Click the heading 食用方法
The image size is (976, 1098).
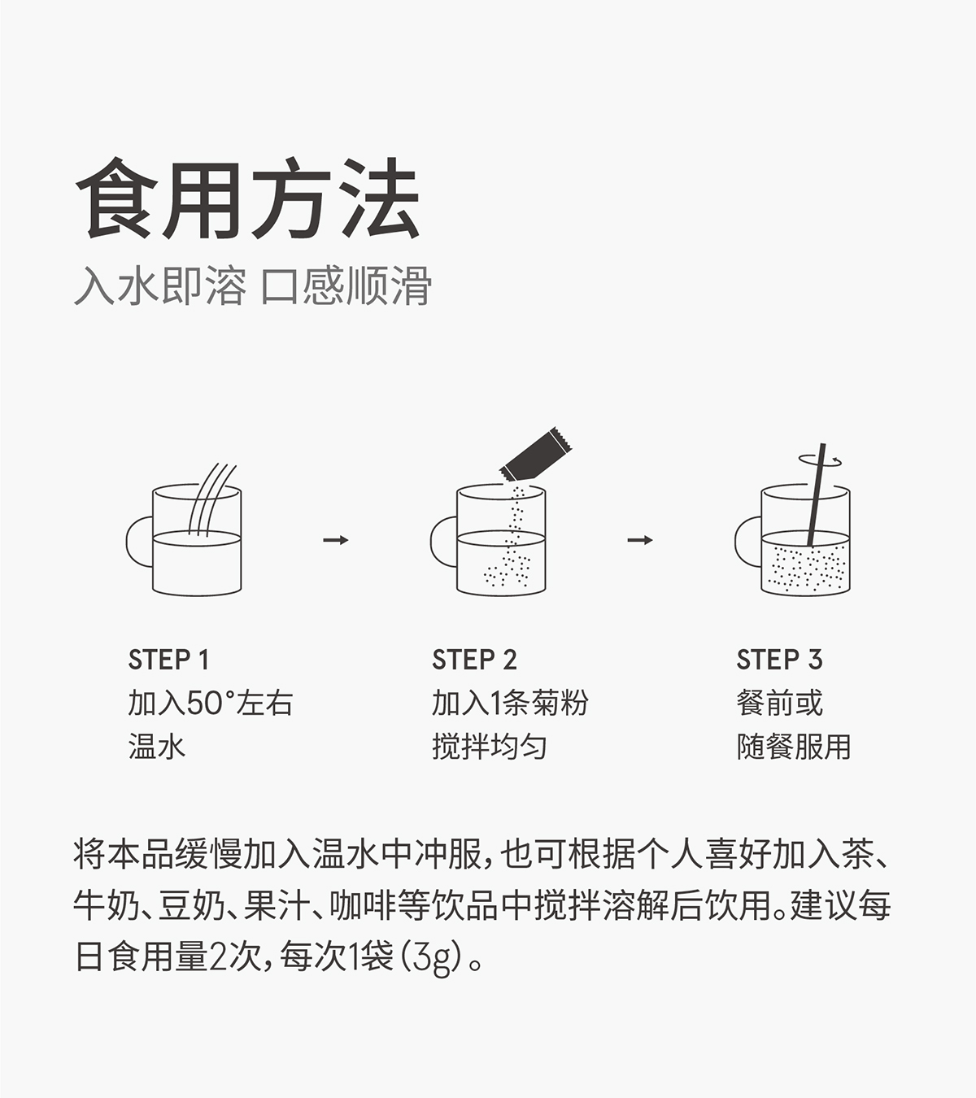click(x=248, y=200)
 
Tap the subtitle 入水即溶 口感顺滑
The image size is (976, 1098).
click(x=252, y=285)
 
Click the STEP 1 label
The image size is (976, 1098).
click(x=168, y=660)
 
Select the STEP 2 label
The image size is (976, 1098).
click(x=474, y=660)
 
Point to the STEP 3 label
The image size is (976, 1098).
click(x=779, y=660)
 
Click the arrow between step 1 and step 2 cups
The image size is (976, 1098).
click(x=335, y=540)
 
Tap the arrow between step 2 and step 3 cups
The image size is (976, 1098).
click(x=640, y=540)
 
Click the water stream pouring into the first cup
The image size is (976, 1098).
click(x=210, y=498)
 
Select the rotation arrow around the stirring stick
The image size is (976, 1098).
click(x=820, y=460)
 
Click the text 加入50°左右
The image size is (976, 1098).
click(x=210, y=704)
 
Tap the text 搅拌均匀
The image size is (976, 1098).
click(x=489, y=747)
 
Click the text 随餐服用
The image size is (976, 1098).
click(x=793, y=747)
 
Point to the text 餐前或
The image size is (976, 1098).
click(x=779, y=704)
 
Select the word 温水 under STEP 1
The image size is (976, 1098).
click(x=156, y=747)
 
